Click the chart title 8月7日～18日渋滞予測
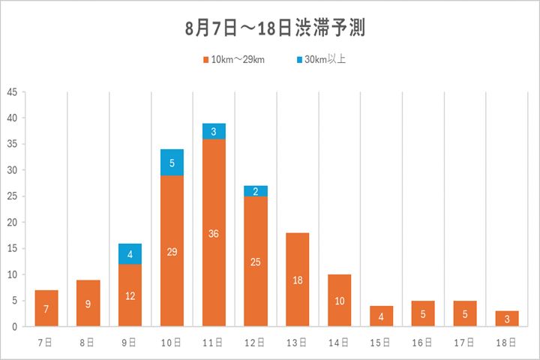pos(269,28)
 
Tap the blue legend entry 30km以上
pos(320,59)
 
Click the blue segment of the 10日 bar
pos(172,162)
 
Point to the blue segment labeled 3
pos(214,131)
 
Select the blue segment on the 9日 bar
pos(130,253)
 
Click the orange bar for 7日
pos(46,308)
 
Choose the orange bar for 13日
pos(298,279)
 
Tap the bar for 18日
pos(507,318)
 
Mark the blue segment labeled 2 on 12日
pos(256,191)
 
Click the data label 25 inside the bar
pos(256,262)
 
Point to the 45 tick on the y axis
pos(12,92)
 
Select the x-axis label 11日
pos(214,342)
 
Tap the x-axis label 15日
pos(381,342)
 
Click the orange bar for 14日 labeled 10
pos(340,300)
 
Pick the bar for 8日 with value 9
pos(88,303)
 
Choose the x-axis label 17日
pos(465,342)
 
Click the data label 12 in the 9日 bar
pos(130,295)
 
